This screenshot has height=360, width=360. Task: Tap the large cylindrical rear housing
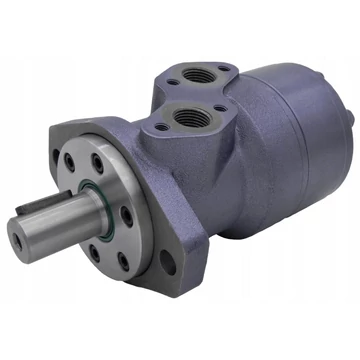(x=300, y=140)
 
